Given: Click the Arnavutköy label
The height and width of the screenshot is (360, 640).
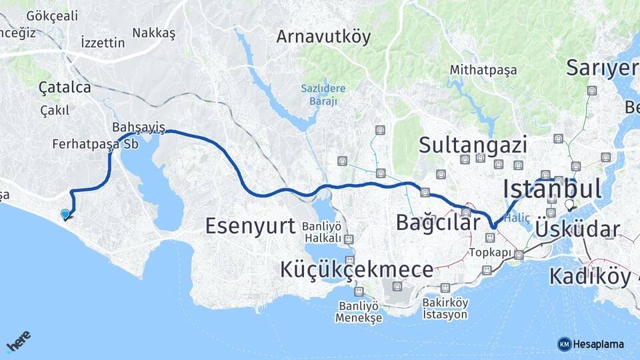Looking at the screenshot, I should click(x=323, y=36).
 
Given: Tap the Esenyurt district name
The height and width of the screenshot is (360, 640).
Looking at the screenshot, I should click(x=250, y=225).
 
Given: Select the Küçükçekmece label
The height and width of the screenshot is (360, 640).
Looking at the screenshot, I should click(x=356, y=270).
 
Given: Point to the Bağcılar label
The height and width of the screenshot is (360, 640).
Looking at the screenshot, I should click(x=438, y=222).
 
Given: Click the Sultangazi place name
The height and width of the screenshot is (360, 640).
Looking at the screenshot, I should click(x=473, y=145).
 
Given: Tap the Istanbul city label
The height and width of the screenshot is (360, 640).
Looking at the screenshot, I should click(x=553, y=189).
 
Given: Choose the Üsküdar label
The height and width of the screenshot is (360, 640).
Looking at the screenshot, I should click(x=577, y=230).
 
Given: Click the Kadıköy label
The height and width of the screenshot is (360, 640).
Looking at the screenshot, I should click(x=590, y=275).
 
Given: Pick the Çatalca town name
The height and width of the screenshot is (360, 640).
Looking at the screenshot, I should click(x=65, y=87).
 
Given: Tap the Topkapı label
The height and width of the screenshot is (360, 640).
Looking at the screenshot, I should click(x=490, y=253).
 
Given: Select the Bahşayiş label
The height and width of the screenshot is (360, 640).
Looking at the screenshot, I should click(x=138, y=126).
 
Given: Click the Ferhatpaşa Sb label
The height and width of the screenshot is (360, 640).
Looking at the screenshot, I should click(x=95, y=143).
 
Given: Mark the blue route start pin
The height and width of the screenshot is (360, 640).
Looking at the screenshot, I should click(x=65, y=213).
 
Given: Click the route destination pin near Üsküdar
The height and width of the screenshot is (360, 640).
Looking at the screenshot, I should click(x=569, y=205).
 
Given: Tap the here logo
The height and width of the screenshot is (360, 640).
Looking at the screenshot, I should click(x=19, y=342).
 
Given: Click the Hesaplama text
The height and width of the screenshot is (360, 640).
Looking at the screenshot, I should click(x=599, y=344).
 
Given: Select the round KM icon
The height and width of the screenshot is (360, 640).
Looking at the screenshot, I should click(x=565, y=344).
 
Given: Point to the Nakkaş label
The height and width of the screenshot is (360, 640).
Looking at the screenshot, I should click(x=153, y=33).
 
